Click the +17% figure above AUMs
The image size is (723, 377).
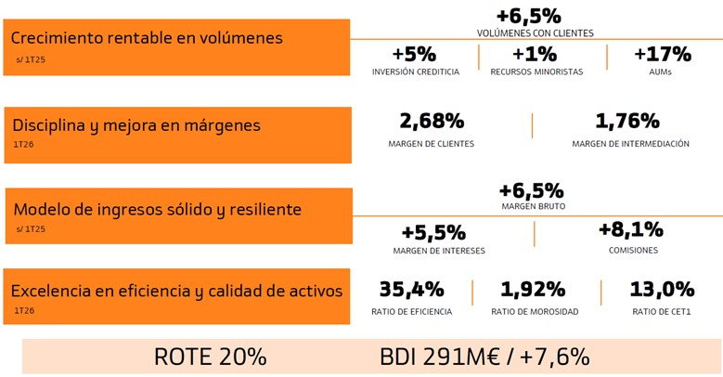click(663, 55)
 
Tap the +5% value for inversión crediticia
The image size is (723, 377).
click(414, 55)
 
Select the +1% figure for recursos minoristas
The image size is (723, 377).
click(535, 55)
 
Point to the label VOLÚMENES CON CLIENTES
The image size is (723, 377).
click(535, 33)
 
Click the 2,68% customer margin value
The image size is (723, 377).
click(432, 121)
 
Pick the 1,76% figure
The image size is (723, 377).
click(627, 121)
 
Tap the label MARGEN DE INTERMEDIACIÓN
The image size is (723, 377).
click(630, 144)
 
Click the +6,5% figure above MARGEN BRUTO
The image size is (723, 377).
click(531, 190)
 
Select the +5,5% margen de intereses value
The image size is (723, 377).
click(433, 233)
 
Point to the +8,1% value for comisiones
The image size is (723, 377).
click(631, 229)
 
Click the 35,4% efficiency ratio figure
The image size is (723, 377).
click(412, 290)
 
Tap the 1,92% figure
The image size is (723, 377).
click(533, 290)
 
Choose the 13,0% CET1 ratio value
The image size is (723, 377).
click(662, 290)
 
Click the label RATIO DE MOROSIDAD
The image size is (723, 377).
click(535, 312)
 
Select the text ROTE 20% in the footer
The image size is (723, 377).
click(211, 357)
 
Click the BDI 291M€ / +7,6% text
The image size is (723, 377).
click(484, 357)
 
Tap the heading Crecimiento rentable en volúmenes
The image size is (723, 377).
click(147, 38)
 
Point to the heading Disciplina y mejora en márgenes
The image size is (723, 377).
click(136, 125)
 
